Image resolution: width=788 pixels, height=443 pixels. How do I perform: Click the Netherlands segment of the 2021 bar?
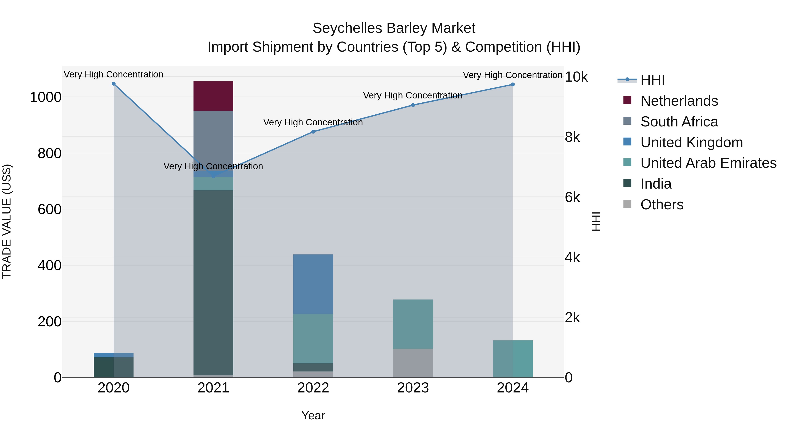pos(213,96)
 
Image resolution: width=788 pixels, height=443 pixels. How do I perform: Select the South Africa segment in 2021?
pos(213,138)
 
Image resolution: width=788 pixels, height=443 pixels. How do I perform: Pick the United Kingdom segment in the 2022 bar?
pos(313,284)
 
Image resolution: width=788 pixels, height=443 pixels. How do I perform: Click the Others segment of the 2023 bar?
pos(413,363)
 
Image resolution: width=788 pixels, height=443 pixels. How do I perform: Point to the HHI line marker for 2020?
pos(113,84)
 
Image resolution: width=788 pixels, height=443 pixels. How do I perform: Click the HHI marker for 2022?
pos(313,132)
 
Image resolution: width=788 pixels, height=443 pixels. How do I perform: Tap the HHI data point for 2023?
pos(413,105)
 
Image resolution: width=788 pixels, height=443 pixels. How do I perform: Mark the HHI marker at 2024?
pos(512,85)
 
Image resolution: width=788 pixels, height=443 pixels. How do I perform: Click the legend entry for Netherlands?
pos(679,101)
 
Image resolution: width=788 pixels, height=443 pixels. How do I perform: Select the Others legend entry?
pos(662,205)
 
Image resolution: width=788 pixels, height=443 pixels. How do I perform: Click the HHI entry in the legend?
pos(652,80)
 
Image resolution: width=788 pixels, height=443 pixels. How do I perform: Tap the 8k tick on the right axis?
pos(572,137)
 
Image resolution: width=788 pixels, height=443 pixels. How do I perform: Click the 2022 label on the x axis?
pos(313,388)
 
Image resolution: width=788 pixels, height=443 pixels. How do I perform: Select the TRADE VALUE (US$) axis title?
pos(7,221)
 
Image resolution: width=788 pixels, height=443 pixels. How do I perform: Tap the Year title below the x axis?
pos(313,415)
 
